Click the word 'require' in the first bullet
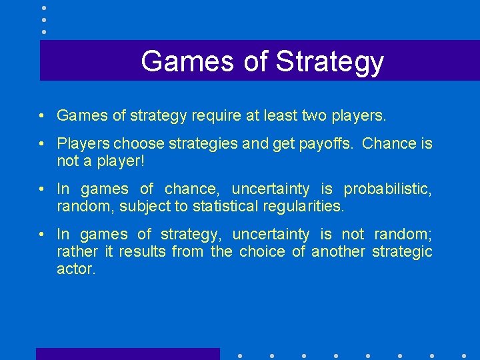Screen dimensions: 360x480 215,116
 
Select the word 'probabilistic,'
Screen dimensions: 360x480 388,189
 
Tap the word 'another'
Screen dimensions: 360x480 339,251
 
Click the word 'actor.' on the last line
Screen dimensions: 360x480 76,269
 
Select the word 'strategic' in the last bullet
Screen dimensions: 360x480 402,251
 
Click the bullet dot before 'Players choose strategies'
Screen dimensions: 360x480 41,143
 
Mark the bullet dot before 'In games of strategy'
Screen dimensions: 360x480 41,234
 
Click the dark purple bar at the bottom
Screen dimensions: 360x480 127,354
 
